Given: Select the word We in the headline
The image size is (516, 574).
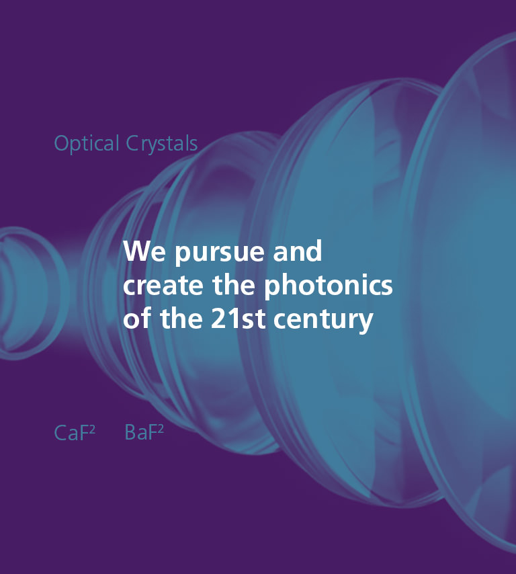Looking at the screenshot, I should [138, 252].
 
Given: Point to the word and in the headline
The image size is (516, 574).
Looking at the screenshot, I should [298, 252].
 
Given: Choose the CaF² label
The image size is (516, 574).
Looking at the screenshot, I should [75, 433].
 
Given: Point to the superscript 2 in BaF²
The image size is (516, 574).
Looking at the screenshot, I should [161, 429].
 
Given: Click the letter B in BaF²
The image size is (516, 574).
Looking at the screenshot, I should [130, 433].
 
